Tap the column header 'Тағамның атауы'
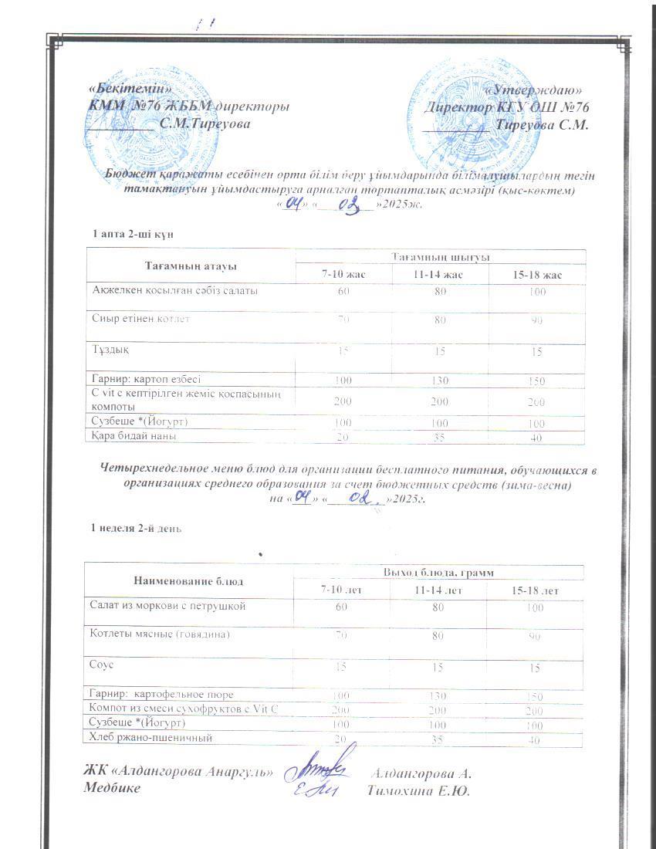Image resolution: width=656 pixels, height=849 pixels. (190, 266)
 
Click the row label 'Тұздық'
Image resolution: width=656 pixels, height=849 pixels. (107, 350)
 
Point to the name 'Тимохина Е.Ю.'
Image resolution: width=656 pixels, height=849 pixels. (419, 790)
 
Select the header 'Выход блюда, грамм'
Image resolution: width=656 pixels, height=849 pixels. (439, 572)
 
